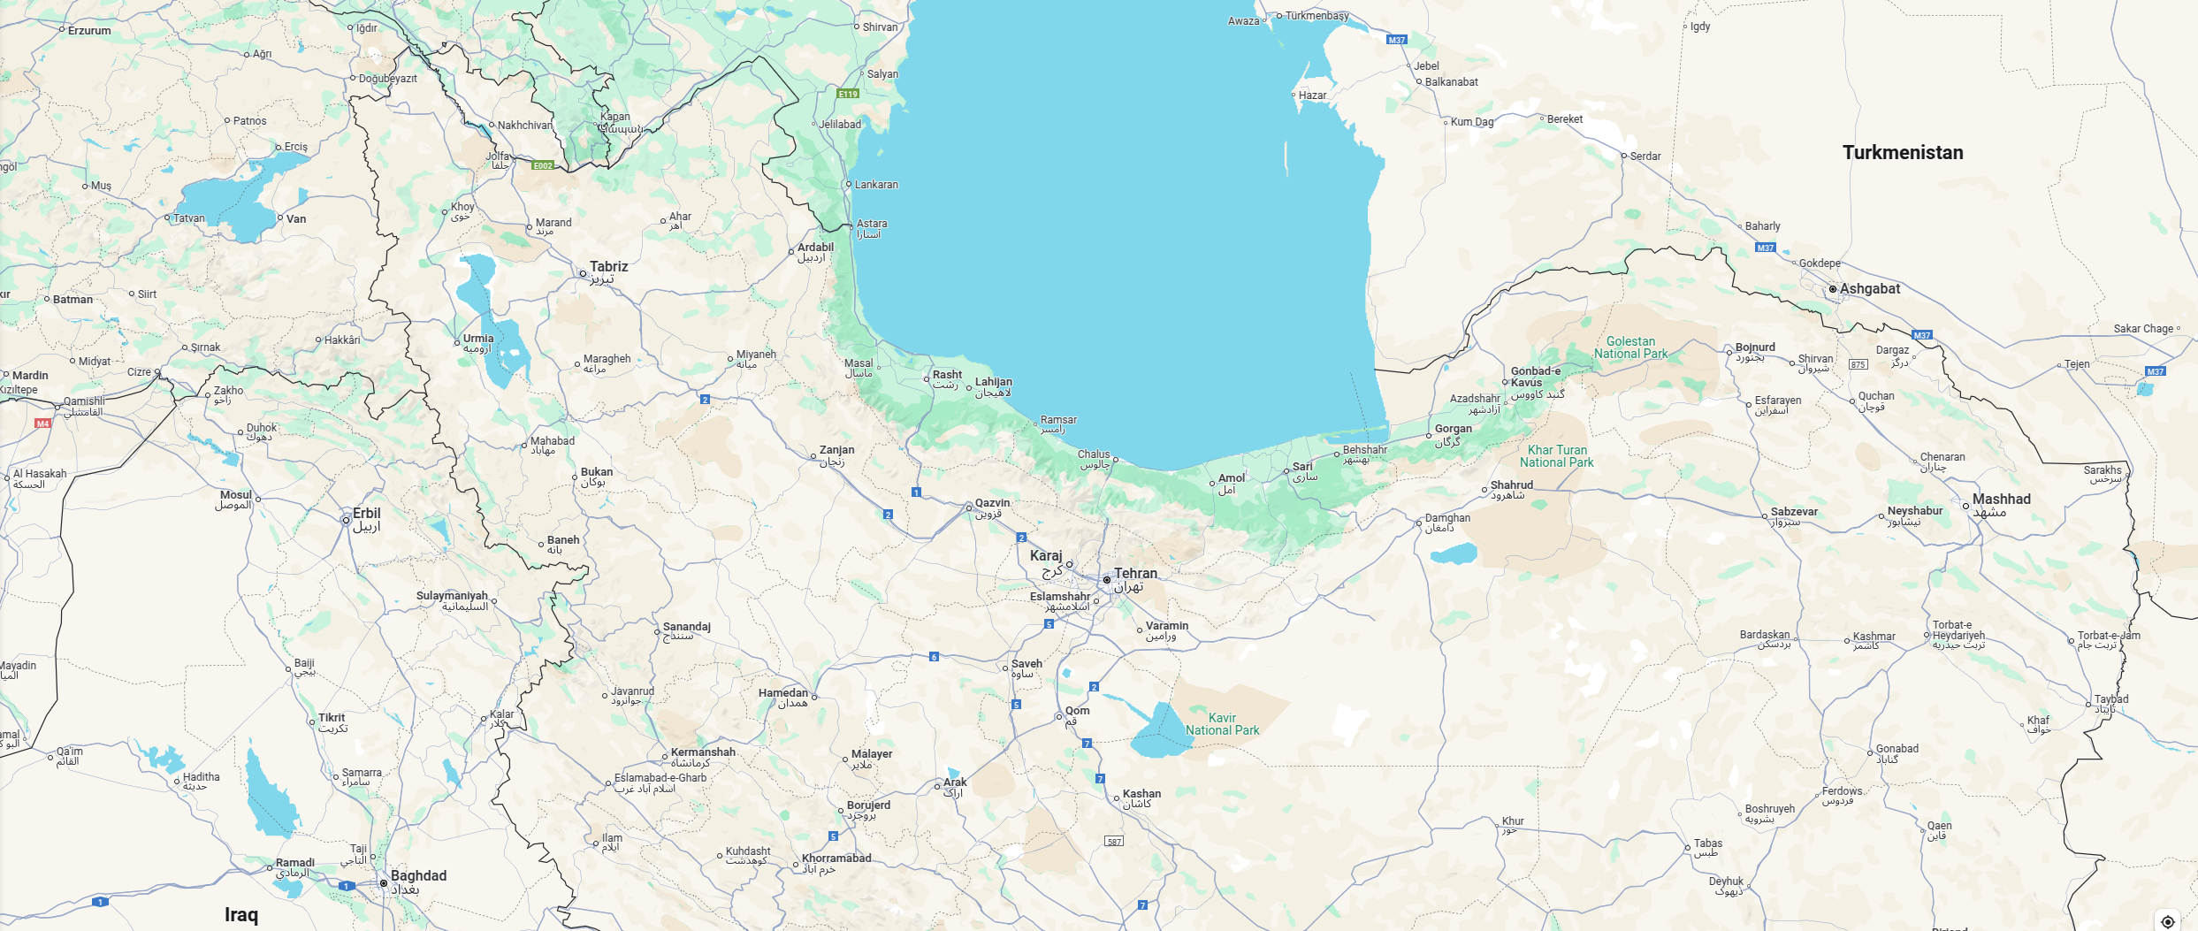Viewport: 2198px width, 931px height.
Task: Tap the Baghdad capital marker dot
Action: tap(384, 883)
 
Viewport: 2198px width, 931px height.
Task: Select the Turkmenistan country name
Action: tap(1903, 152)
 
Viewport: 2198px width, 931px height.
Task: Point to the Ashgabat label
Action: tap(1869, 288)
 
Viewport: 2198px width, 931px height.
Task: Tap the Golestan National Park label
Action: tap(1630, 347)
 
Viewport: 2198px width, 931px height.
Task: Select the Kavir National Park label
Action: tap(1222, 724)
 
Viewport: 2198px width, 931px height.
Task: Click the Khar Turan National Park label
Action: tap(1556, 456)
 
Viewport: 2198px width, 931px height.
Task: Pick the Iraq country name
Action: tap(241, 914)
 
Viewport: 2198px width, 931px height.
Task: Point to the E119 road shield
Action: tap(848, 93)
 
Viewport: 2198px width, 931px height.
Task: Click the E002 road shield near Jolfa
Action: tap(543, 165)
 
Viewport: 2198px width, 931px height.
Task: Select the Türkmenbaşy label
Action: tap(1317, 16)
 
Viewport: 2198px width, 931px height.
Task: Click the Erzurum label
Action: tap(89, 31)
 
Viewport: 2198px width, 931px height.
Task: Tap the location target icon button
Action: tap(2167, 921)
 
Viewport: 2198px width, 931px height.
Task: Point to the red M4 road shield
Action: tap(42, 424)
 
